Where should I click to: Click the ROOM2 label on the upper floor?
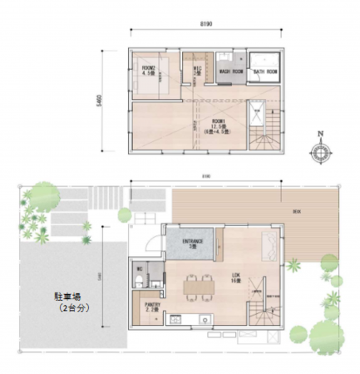pos(150,68)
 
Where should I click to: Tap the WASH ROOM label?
pos(230,71)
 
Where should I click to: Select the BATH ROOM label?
pos(265,71)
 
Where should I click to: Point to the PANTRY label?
pos(152,306)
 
